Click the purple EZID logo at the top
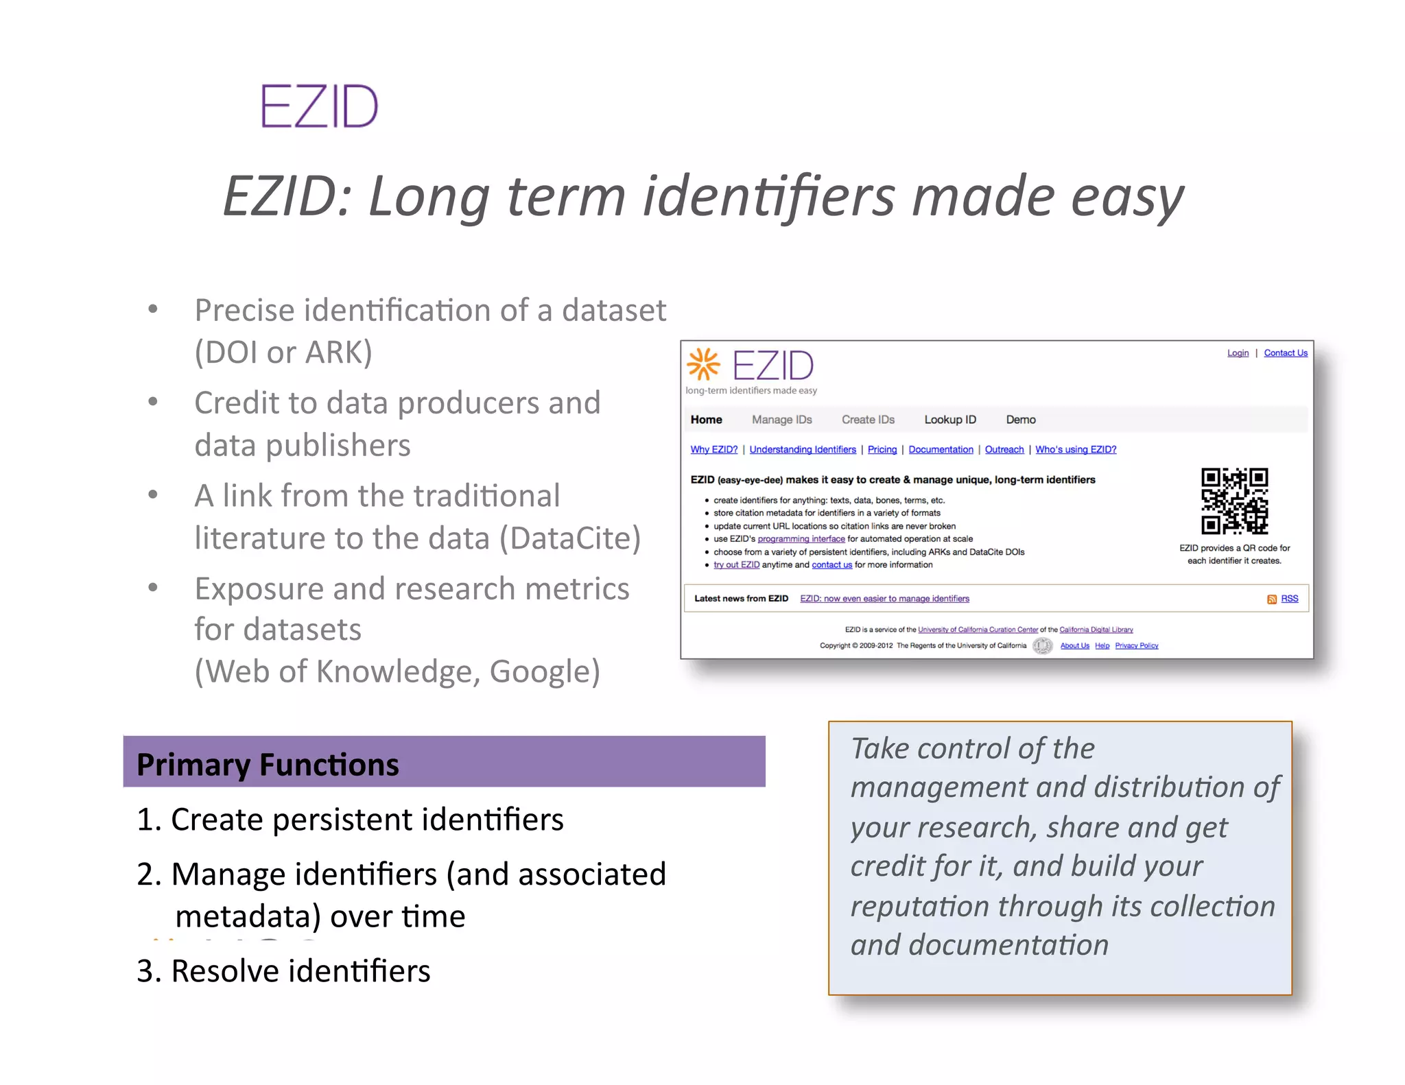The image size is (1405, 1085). (x=320, y=106)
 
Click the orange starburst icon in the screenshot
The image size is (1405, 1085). (x=703, y=363)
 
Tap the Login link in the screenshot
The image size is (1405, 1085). (x=1238, y=353)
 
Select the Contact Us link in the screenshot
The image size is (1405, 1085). (x=1286, y=353)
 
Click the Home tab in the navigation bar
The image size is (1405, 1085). (x=706, y=420)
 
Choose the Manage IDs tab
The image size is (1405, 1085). (x=781, y=420)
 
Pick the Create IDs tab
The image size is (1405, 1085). (x=868, y=420)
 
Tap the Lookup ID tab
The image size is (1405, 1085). (x=949, y=420)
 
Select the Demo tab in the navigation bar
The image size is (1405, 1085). (x=1021, y=420)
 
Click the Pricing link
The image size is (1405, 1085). (x=882, y=449)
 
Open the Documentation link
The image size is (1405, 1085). (x=941, y=449)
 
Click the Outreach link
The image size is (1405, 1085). (x=1004, y=449)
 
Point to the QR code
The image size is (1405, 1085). (x=1234, y=501)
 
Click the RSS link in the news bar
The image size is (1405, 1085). (x=1289, y=599)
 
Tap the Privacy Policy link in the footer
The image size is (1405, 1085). (x=1136, y=645)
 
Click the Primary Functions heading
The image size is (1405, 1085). (x=268, y=764)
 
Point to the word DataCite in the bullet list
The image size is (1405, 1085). (x=569, y=538)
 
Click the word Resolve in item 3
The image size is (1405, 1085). (x=225, y=971)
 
